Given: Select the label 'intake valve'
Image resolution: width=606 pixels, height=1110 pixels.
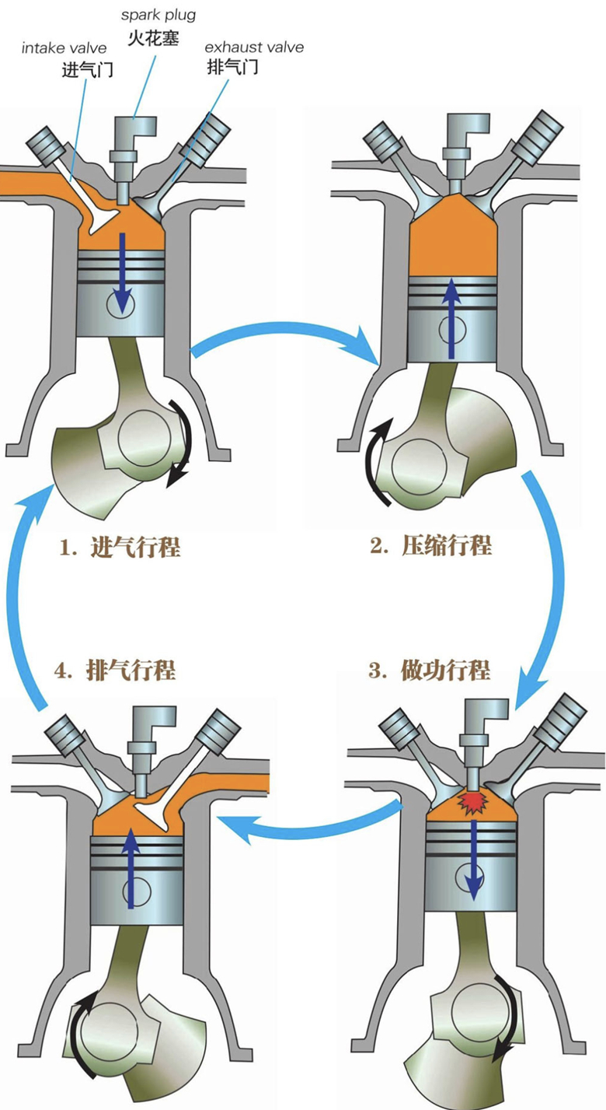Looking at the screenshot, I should pos(64,49).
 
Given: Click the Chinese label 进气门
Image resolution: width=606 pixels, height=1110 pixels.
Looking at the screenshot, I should pos(88,70).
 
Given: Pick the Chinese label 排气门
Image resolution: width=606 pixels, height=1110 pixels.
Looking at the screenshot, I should pos(233,67).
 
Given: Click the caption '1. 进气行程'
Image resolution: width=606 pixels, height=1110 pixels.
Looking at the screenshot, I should pos(120,547).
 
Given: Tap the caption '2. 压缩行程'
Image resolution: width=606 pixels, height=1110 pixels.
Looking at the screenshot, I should pos(430,545).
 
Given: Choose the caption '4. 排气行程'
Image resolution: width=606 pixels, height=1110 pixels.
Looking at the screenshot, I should pos(116,670).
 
